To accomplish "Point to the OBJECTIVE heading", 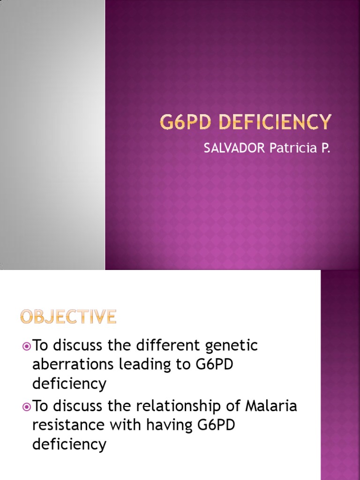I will coord(68,317).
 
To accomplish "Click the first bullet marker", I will coord(26,346).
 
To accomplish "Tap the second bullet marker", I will coord(26,406).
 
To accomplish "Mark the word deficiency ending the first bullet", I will coord(69,384).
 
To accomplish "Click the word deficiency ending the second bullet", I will coord(69,443).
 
